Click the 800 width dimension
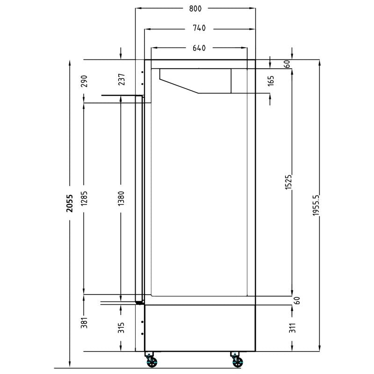click(x=195, y=8)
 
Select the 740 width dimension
click(x=199, y=29)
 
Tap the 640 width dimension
click(x=199, y=48)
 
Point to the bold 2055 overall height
click(x=70, y=204)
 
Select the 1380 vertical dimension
click(x=121, y=199)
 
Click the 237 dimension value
click(x=121, y=81)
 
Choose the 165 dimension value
click(x=271, y=81)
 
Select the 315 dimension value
click(x=121, y=328)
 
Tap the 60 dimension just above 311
click(x=296, y=301)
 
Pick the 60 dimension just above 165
click(x=286, y=64)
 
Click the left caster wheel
click(x=151, y=361)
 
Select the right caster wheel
click(x=236, y=361)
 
